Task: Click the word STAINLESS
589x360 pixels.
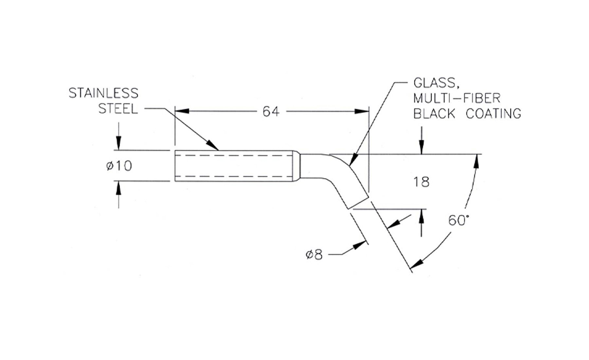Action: click(103, 93)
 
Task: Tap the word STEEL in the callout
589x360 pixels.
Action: click(118, 109)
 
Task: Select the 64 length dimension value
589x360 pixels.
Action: click(271, 112)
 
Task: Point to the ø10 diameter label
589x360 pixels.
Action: click(119, 166)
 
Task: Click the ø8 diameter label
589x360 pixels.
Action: click(314, 255)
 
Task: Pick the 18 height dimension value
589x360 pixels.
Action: click(421, 182)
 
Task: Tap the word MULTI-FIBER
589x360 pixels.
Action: click(457, 98)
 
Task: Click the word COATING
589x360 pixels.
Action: click(493, 114)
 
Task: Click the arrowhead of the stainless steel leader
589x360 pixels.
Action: click(213, 146)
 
